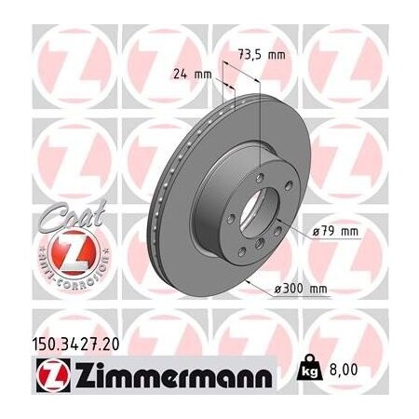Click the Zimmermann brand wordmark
[x=167, y=377]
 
